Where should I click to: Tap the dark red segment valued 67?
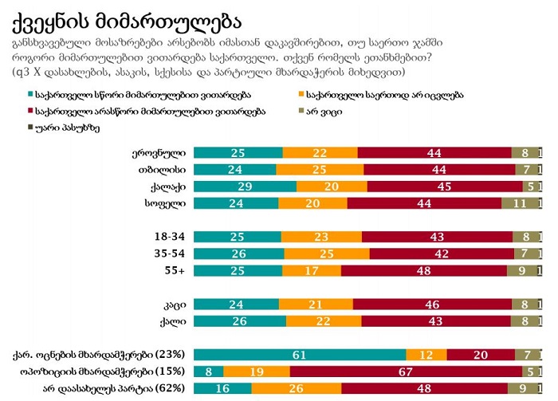(x=404, y=371)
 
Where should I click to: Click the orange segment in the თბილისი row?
(x=320, y=170)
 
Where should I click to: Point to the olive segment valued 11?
(x=519, y=202)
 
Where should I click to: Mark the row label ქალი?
(x=173, y=320)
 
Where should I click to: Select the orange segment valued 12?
(x=426, y=354)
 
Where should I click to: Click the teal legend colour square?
(x=30, y=95)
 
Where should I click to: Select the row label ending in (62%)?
(x=114, y=388)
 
